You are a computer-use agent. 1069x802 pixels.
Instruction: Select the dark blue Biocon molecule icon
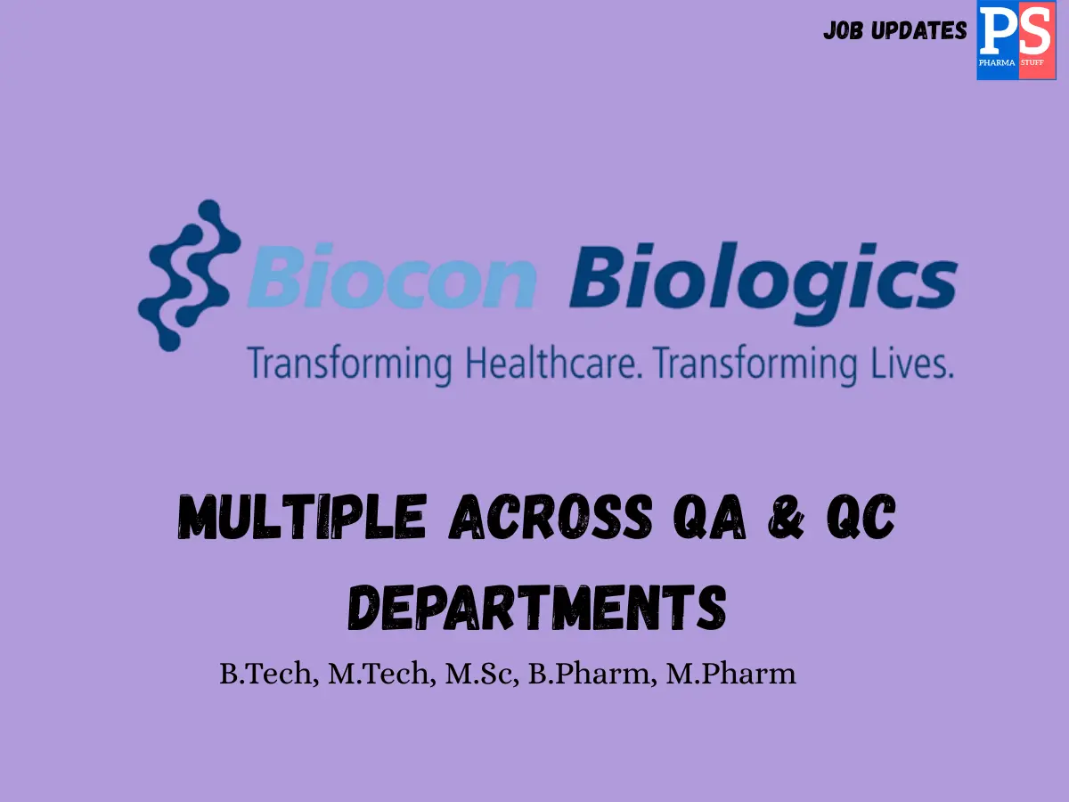pyautogui.click(x=188, y=274)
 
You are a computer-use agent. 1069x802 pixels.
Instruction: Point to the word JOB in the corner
pyautogui.click(x=844, y=31)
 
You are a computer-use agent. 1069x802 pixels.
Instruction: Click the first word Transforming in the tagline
pyautogui.click(x=349, y=366)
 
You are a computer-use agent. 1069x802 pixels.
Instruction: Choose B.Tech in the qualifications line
pyautogui.click(x=266, y=675)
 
